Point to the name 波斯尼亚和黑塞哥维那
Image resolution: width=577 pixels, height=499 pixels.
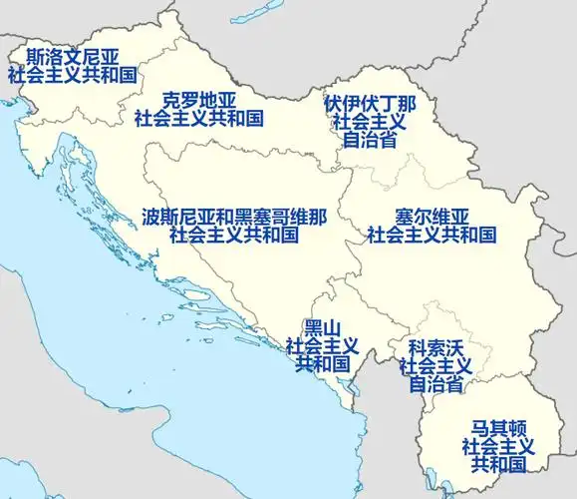tap(234, 218)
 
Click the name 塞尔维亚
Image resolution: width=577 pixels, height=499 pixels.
tap(432, 218)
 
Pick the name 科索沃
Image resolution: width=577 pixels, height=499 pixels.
tap(434, 347)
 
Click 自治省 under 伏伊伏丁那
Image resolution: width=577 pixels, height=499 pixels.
tap(370, 140)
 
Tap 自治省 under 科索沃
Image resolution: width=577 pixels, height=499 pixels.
tap(434, 384)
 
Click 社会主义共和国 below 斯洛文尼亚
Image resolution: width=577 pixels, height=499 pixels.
tap(72, 76)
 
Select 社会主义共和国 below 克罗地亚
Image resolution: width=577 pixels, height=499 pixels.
tap(198, 119)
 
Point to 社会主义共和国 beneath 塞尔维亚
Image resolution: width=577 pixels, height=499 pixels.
tap(432, 236)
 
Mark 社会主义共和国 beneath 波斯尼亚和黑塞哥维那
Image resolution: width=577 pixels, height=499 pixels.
tap(234, 236)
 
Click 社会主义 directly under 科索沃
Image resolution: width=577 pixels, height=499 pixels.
tap(434, 366)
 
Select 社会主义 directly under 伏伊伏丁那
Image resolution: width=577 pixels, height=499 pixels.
tap(370, 122)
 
